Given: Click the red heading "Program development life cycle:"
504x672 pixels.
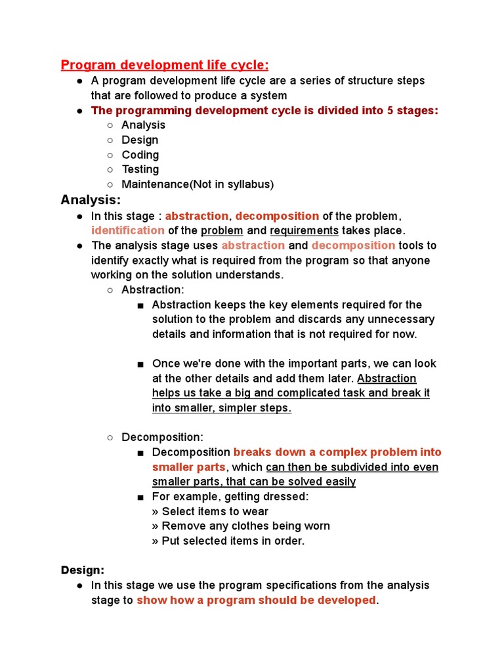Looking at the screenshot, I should [165, 64].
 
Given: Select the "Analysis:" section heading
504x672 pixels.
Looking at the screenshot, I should [91, 199].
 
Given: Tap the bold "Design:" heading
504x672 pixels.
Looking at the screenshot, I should [83, 570].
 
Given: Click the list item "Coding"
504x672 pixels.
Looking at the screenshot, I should [140, 155].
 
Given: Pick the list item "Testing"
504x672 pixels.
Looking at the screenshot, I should [140, 169].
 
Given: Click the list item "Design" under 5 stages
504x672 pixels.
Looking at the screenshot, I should [140, 140].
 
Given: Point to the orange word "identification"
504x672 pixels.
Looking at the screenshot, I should [128, 230].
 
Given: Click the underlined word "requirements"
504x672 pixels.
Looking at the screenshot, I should [304, 230].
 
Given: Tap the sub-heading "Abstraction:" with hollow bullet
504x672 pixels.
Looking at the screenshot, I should [153, 289].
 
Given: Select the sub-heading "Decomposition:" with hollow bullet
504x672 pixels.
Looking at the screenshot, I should [162, 437].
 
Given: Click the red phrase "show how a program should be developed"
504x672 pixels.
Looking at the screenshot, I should [256, 600].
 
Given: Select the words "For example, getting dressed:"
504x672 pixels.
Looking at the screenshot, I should [230, 496].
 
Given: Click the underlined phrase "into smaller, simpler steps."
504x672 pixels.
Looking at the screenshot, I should [222, 408].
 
